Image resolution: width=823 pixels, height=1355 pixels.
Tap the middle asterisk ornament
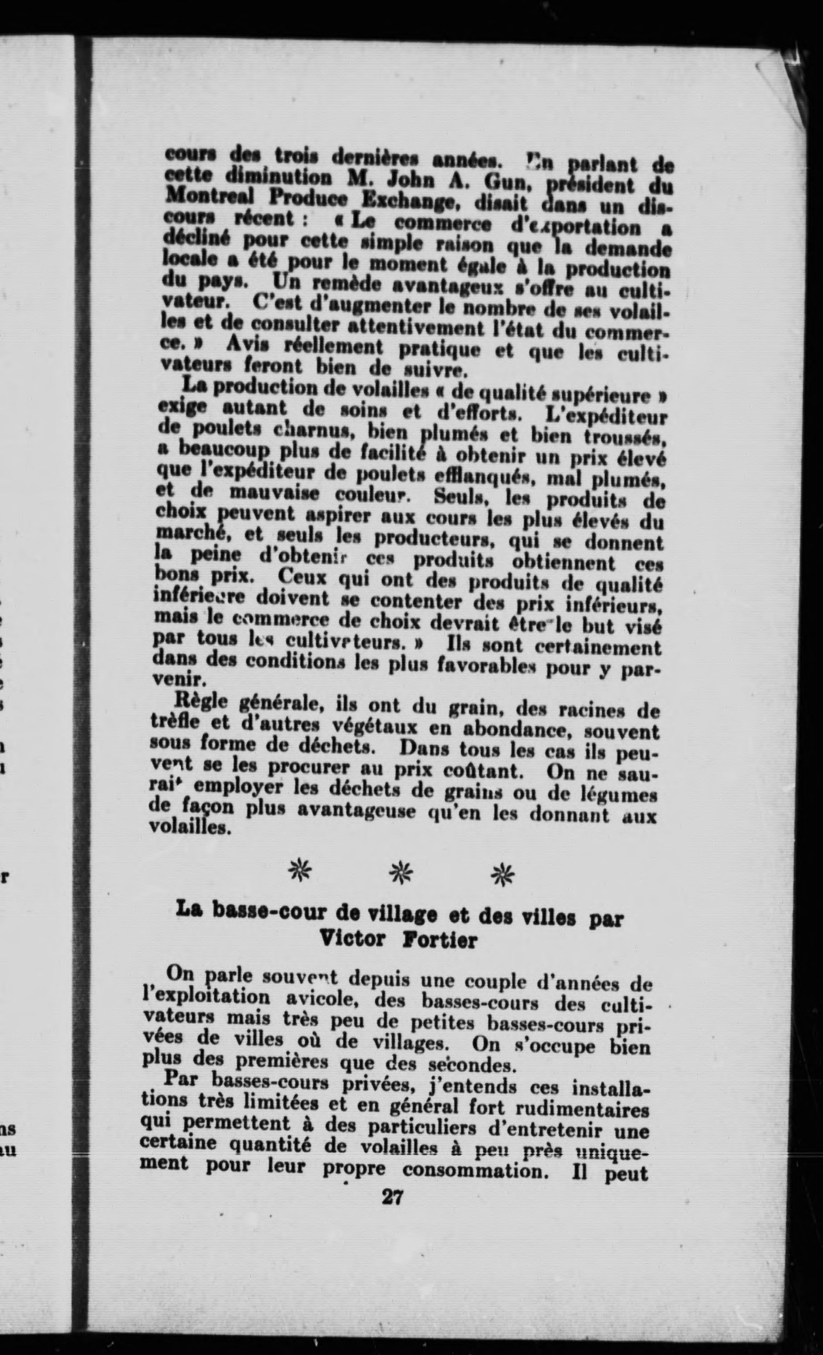(401, 873)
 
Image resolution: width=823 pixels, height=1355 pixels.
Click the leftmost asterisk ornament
(300, 872)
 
